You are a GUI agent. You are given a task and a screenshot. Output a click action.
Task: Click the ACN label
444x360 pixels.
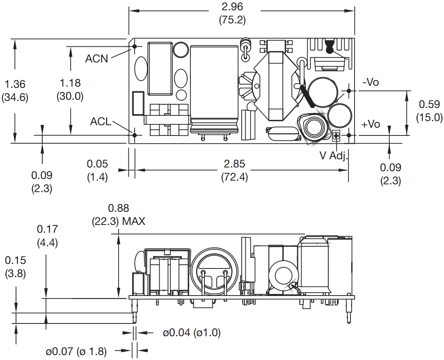click(x=96, y=59)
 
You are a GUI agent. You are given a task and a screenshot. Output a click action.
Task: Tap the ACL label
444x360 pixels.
click(x=101, y=122)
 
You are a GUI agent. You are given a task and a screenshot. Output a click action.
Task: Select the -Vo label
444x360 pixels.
click(x=371, y=83)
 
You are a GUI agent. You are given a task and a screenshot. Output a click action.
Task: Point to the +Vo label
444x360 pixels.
click(x=371, y=124)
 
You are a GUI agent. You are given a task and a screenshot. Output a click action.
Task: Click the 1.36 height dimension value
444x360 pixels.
click(x=15, y=84)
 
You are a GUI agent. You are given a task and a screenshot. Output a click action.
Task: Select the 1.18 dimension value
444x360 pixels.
click(x=70, y=83)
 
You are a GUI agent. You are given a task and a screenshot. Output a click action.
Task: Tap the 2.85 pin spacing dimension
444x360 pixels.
click(x=234, y=164)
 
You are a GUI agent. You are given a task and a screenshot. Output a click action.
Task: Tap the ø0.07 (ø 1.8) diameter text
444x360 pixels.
click(x=76, y=351)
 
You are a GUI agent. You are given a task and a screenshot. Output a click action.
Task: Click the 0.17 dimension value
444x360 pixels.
click(x=47, y=229)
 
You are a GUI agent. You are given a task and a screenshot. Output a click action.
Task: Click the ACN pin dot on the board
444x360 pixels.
click(x=134, y=46)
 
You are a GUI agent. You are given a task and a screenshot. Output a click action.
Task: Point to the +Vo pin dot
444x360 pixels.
click(x=348, y=135)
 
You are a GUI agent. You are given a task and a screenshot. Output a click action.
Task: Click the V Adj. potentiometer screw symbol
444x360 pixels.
click(x=336, y=135)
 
